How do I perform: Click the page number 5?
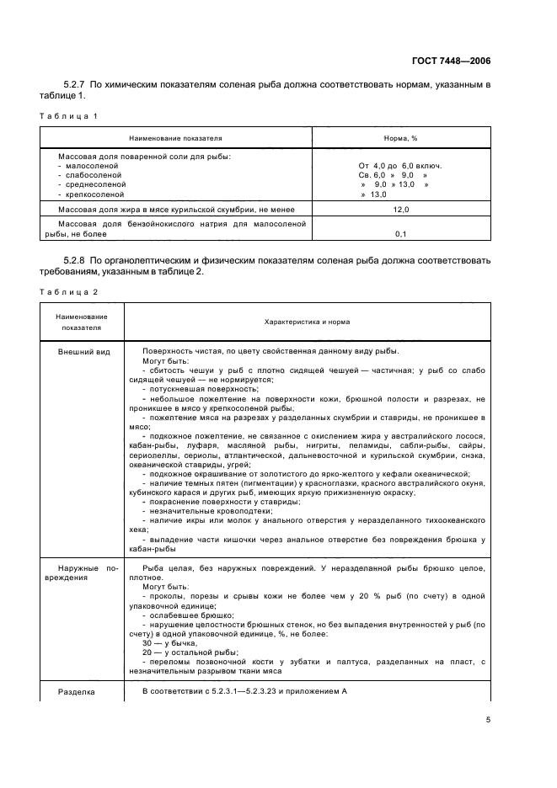(x=487, y=719)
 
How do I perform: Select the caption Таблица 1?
(x=67, y=114)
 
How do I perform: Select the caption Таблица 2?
(x=67, y=291)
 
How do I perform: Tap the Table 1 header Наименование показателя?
(x=175, y=136)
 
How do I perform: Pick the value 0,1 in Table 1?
(x=400, y=234)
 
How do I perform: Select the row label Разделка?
(x=76, y=691)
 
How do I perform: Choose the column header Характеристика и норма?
(x=307, y=322)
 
